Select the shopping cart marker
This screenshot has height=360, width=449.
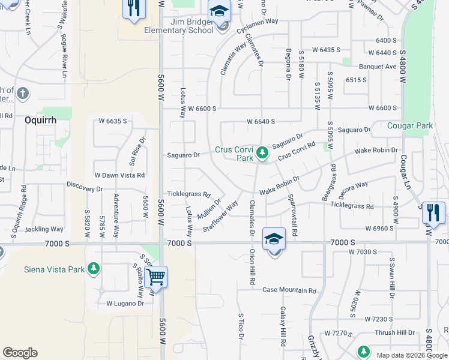[155, 277]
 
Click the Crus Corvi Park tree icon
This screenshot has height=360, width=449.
[262, 154]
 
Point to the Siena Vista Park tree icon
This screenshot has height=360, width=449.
[93, 269]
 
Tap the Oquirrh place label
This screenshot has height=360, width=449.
[40, 119]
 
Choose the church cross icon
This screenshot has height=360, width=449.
[23, 94]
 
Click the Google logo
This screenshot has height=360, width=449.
[20, 352]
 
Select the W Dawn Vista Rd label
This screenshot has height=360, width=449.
[119, 175]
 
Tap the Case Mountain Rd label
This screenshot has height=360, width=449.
[289, 290]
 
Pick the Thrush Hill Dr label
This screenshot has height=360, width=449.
[394, 332]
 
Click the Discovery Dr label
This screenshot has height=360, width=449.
[85, 188]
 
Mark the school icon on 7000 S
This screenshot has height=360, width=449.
[274, 239]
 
